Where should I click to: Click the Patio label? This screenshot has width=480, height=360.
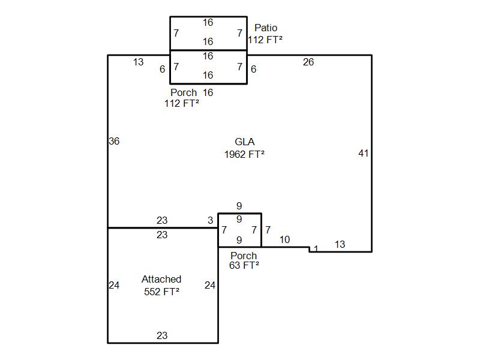[266, 28]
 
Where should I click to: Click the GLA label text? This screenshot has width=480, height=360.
[244, 142]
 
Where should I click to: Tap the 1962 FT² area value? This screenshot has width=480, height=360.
[244, 154]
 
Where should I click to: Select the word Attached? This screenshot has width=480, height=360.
[161, 280]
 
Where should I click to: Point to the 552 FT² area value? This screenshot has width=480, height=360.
[161, 292]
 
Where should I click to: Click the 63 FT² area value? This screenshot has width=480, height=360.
[244, 265]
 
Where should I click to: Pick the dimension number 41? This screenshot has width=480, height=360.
[363, 154]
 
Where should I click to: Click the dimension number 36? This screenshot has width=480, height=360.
[114, 142]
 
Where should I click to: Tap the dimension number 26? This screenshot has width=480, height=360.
[308, 62]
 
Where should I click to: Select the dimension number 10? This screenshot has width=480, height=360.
[284, 240]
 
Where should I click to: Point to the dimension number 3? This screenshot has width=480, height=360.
[211, 221]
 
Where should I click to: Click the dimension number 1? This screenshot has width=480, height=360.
[316, 248]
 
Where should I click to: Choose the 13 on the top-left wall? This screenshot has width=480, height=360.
[138, 62]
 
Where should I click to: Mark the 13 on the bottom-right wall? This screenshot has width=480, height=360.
[340, 244]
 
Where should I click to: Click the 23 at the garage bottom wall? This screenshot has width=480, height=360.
[162, 336]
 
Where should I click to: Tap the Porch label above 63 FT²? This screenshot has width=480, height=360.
[244, 256]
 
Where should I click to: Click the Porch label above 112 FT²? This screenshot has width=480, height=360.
[183, 93]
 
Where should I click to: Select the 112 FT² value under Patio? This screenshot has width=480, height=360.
[265, 39]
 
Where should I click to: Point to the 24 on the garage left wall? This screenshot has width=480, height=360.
[114, 286]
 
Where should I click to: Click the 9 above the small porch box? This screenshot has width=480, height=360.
[239, 206]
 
